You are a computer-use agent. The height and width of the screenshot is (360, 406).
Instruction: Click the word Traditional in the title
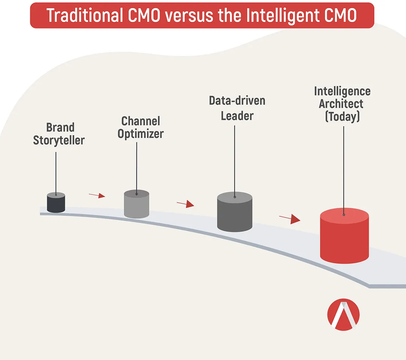click(x=85, y=15)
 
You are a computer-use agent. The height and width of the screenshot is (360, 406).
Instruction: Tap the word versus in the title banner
click(x=189, y=15)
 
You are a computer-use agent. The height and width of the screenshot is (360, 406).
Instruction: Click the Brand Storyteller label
click(x=59, y=134)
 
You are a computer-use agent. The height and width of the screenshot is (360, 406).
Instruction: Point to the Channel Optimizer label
click(x=141, y=128)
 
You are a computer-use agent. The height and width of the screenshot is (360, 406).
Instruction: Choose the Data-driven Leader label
click(x=237, y=108)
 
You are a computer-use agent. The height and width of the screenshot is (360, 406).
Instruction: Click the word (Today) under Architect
click(x=342, y=116)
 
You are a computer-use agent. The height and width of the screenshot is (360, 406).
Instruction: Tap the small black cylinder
click(x=56, y=202)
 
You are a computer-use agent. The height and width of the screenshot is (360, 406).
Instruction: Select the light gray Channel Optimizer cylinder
click(x=136, y=204)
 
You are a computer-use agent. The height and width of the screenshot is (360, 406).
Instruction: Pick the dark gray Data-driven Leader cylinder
click(x=235, y=212)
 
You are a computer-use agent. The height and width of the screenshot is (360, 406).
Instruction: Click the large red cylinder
click(x=344, y=235)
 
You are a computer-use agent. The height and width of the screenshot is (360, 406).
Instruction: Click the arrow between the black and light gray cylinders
click(x=97, y=195)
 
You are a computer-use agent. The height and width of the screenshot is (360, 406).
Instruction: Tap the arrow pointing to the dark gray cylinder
click(x=185, y=204)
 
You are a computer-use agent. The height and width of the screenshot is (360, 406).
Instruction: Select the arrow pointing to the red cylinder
click(x=290, y=219)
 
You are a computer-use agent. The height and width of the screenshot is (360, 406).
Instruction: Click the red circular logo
click(x=343, y=314)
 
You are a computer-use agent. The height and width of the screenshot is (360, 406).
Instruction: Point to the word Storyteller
click(x=59, y=140)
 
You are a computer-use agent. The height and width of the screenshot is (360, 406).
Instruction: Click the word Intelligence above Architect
click(x=342, y=92)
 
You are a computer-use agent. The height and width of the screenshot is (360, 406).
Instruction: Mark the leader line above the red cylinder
click(x=344, y=170)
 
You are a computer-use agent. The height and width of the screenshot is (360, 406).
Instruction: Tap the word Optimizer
click(x=141, y=134)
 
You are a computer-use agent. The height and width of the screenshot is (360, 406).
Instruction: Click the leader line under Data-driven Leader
click(x=235, y=162)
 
